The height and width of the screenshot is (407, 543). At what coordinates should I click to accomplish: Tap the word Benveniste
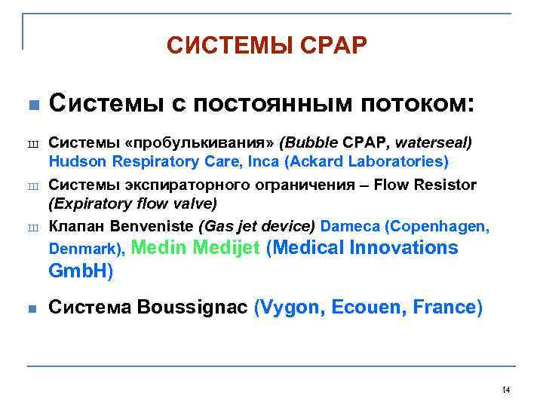pos(156,227)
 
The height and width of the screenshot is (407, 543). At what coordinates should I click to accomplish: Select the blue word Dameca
pos(348,227)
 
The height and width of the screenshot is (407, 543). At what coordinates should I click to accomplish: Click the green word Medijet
pos(226,248)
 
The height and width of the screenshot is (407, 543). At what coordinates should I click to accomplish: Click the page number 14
pos(505,390)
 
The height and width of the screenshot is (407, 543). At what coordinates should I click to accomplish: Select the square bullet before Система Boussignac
pos(31,308)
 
